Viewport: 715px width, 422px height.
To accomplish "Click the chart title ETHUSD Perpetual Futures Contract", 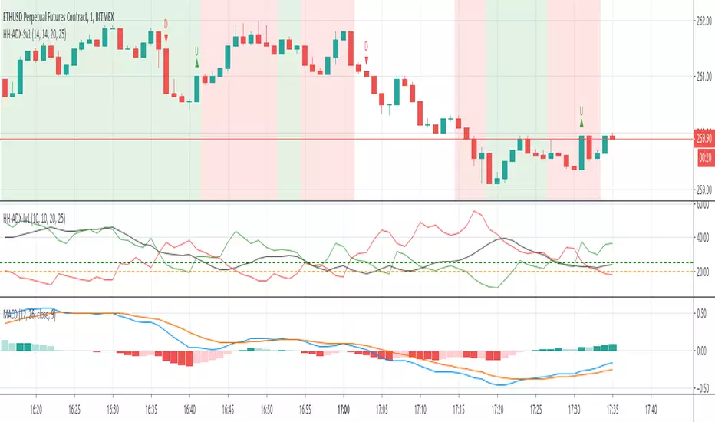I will coord(77,6).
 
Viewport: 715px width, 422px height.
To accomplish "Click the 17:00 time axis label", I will coord(344,409).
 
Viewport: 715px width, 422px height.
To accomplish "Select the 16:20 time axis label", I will coord(37,409).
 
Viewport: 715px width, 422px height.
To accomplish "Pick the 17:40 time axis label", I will coord(651,409).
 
